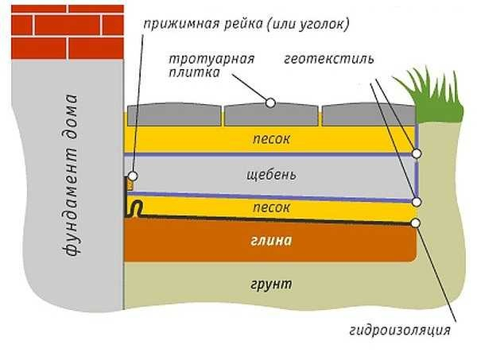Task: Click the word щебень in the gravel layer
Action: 271,175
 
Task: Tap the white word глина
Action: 271,241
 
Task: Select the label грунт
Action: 271,285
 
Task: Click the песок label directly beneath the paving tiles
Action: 271,139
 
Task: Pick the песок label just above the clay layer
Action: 271,207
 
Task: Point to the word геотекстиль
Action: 329,59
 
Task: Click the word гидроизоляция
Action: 400,331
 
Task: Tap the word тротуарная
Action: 211,60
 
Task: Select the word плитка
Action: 194,73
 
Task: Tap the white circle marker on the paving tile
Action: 270,103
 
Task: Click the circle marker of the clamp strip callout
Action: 133,176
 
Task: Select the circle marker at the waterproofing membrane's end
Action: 416,223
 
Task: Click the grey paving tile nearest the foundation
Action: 174,114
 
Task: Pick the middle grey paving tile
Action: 271,114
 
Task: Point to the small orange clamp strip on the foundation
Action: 130,185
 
